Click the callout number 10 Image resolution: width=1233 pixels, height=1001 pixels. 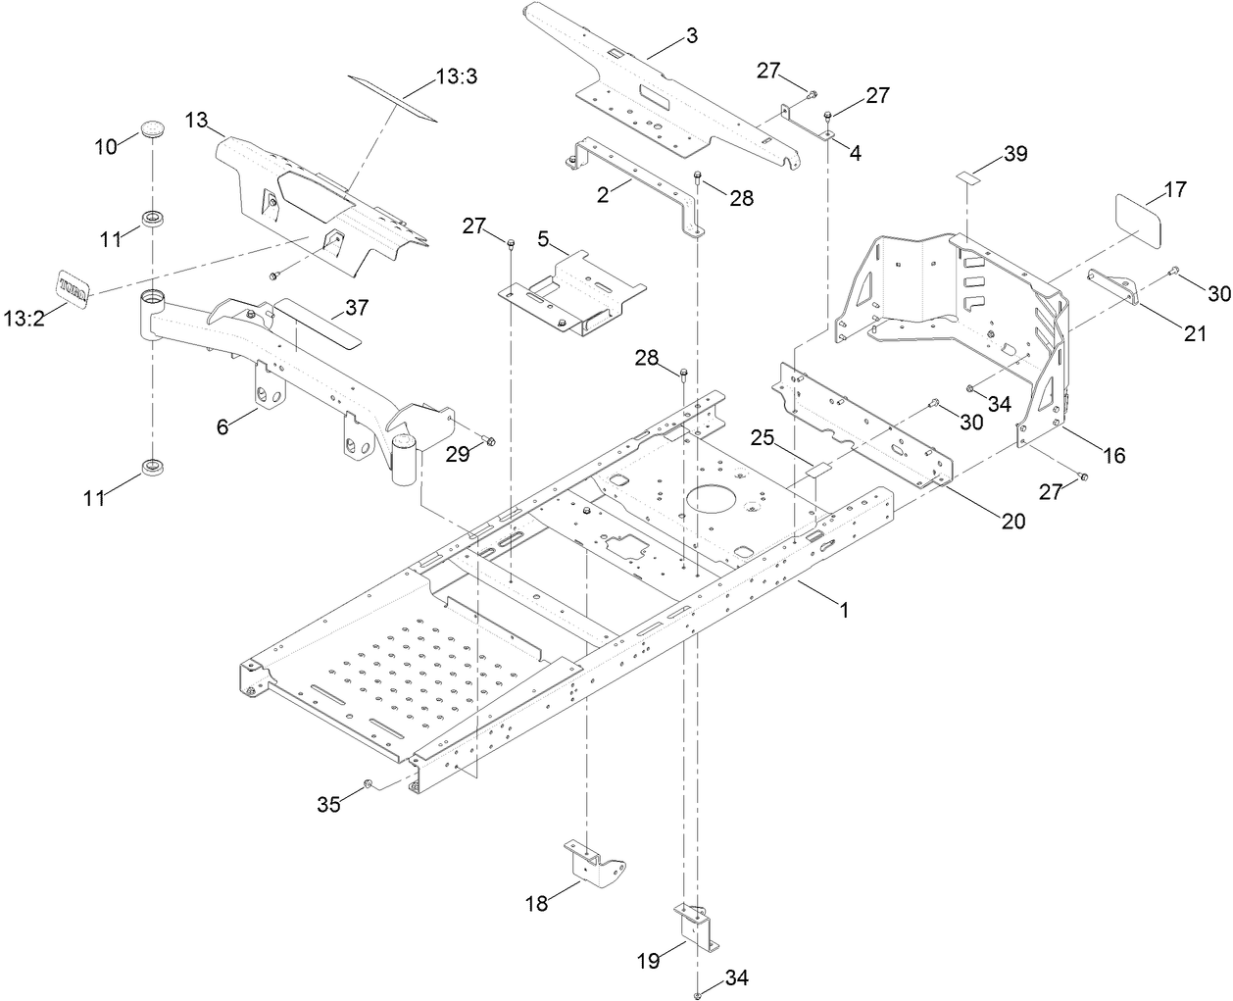pyautogui.click(x=105, y=146)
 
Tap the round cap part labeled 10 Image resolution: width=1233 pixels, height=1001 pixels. pyautogui.click(x=152, y=127)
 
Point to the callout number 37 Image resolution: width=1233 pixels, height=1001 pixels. pyautogui.click(x=356, y=309)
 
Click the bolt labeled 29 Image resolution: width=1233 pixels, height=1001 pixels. pyautogui.click(x=490, y=443)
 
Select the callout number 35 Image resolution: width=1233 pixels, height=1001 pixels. pyautogui.click(x=328, y=804)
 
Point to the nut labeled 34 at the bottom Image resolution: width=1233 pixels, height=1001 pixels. pyautogui.click(x=697, y=995)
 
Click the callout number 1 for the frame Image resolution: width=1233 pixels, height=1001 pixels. pyautogui.click(x=843, y=609)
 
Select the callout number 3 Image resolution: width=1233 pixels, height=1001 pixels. pyautogui.click(x=692, y=36)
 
